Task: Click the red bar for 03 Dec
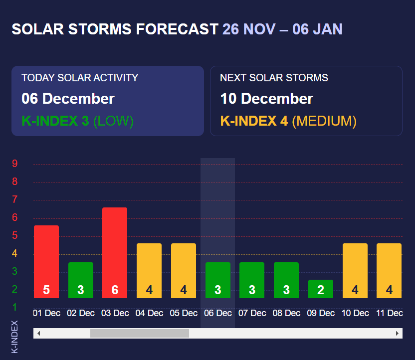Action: (115, 253)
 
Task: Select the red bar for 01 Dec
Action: (46, 262)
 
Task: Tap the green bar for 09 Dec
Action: (320, 289)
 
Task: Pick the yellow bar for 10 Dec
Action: (355, 271)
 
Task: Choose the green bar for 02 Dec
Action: (81, 280)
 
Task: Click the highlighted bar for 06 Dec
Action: (217, 280)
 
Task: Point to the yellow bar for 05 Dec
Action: (184, 271)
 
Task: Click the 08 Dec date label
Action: (286, 313)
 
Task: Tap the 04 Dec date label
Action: (149, 313)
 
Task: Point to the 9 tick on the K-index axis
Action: (15, 164)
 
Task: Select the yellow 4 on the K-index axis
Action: (15, 253)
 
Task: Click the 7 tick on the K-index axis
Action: (15, 199)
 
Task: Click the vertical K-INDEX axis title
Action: (15, 337)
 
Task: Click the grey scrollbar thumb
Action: (139, 333)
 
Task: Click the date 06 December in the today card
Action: (68, 99)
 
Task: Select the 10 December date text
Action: (266, 99)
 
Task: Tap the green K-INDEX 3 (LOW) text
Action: (77, 121)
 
